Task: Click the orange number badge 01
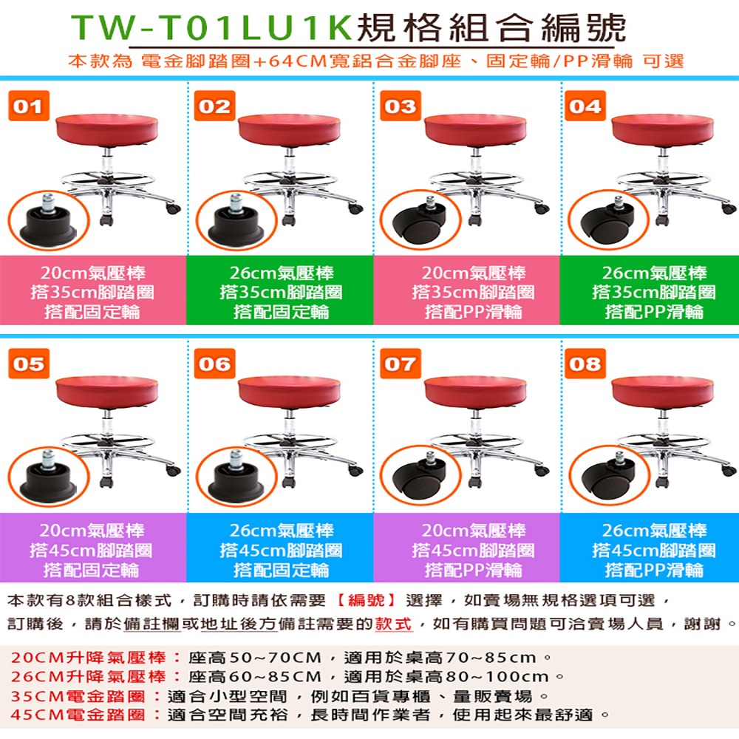pos(30,106)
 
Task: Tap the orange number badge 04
pos(585,106)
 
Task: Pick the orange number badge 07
pos(401,364)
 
